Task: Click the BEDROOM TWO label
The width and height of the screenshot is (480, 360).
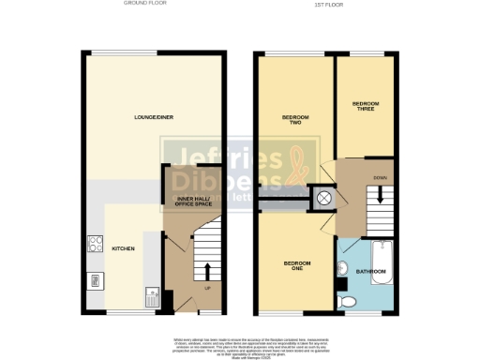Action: point(295,119)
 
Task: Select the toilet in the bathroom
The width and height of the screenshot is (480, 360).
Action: point(349,300)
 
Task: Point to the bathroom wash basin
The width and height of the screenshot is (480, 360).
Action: point(343,271)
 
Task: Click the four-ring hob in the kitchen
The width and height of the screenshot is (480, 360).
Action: point(95,243)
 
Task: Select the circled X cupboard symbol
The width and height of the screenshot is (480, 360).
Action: point(324,198)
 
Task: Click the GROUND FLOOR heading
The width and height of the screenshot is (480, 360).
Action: point(144,4)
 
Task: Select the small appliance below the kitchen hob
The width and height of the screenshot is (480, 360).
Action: point(95,278)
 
